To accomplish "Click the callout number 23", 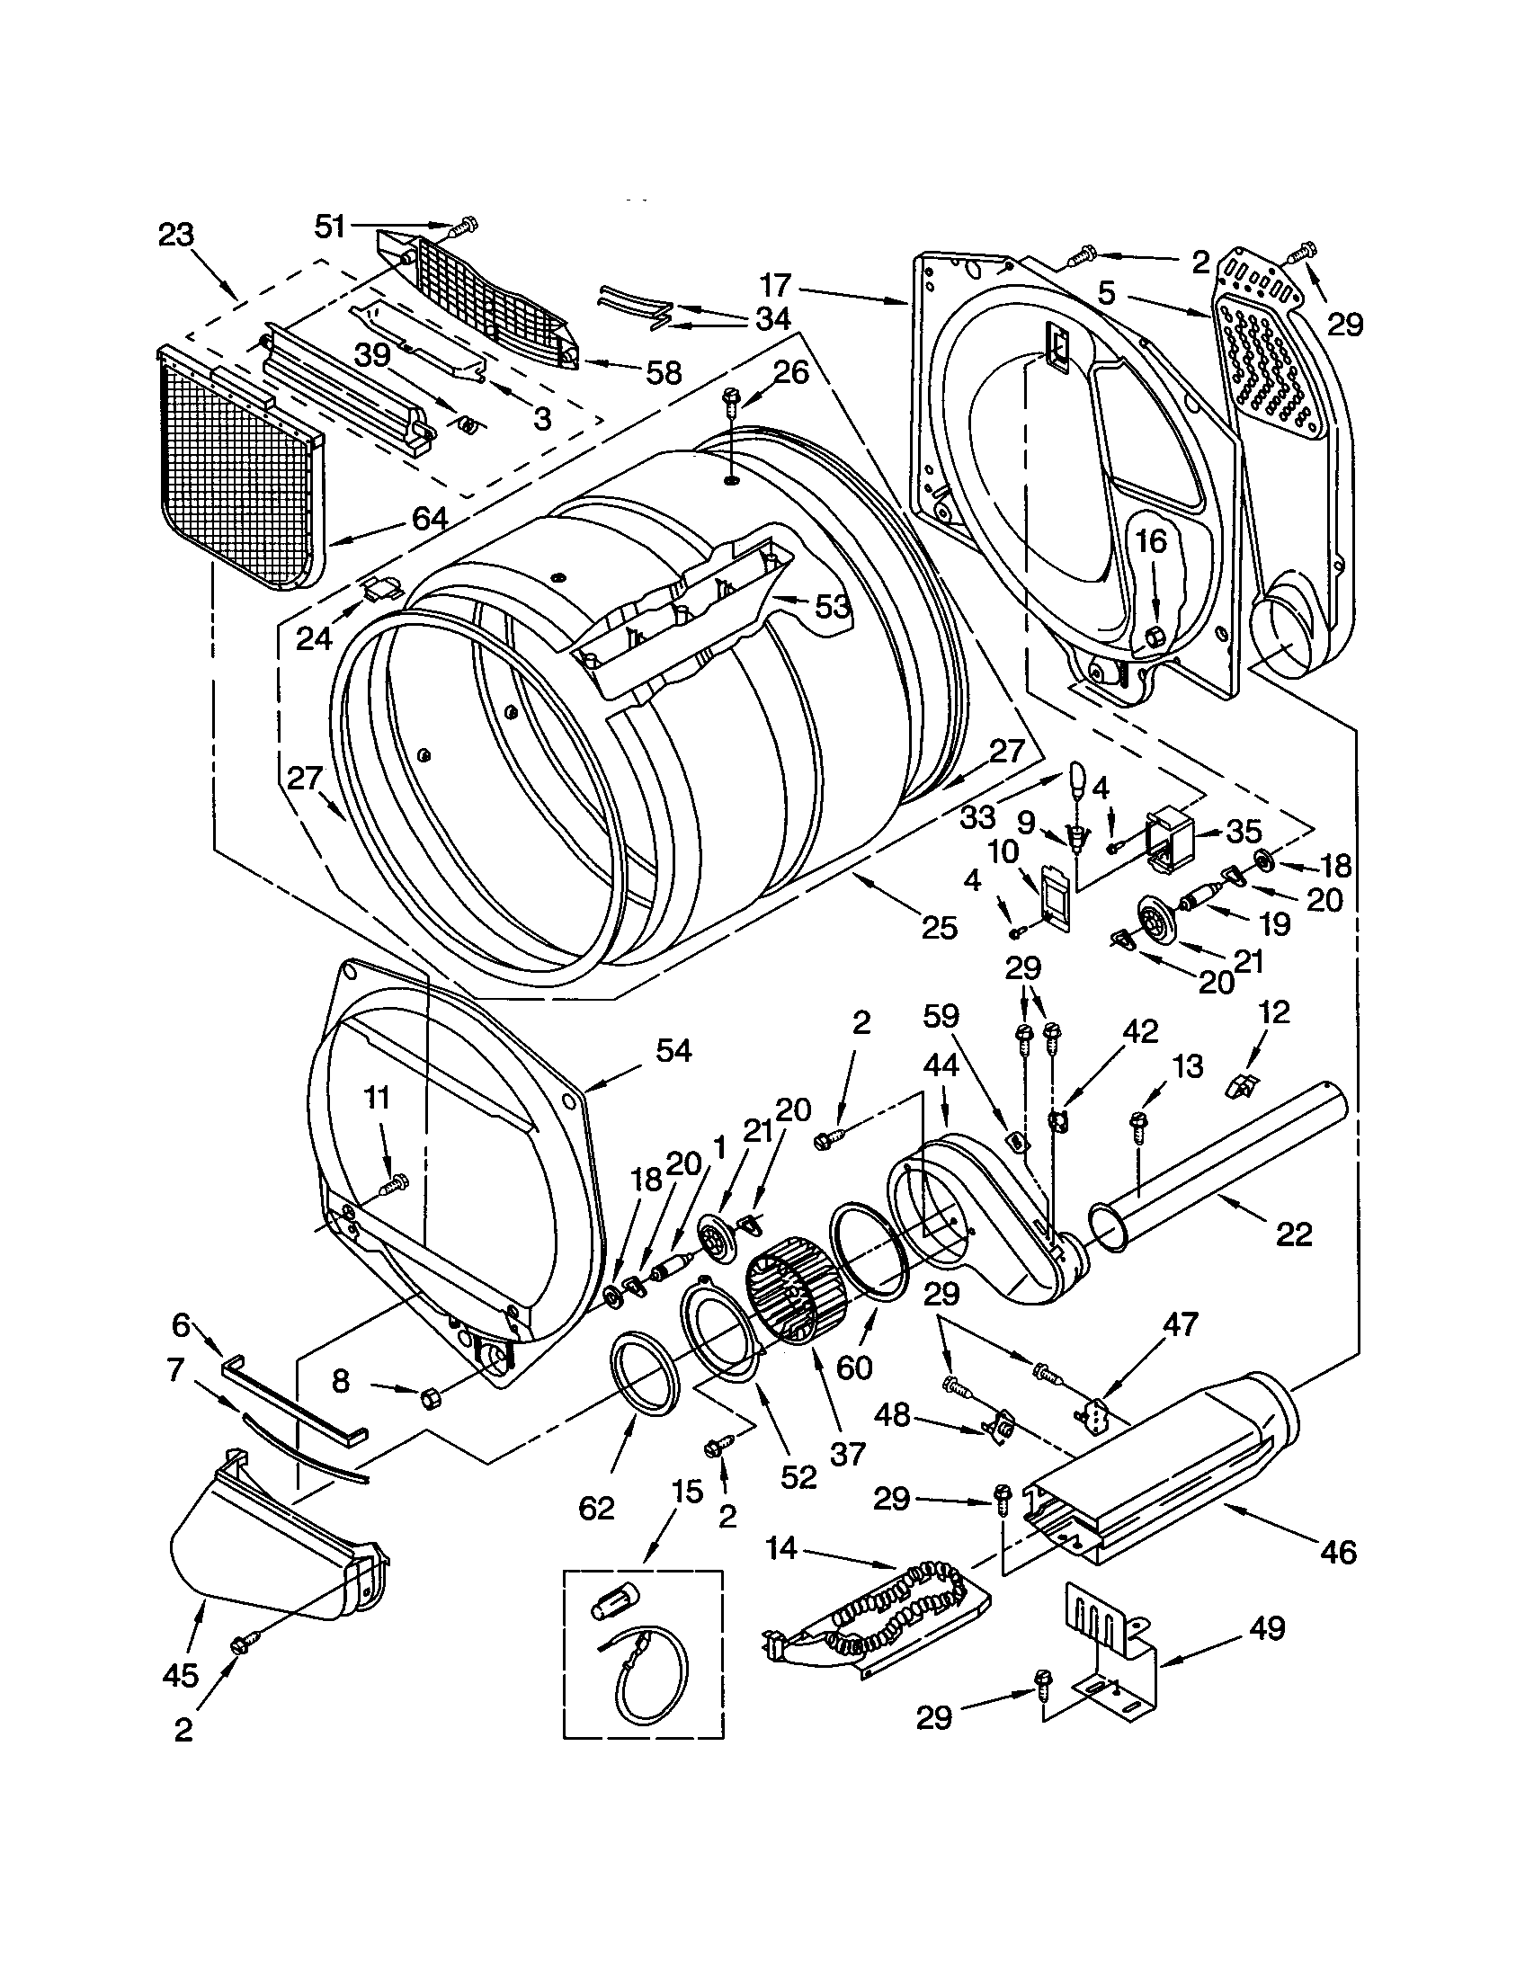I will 175,236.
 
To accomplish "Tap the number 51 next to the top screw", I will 331,226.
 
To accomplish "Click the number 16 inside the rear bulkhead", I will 1151,541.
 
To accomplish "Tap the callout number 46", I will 1339,1553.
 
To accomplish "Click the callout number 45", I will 180,1676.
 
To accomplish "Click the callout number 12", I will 1273,1011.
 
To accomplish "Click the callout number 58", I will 664,372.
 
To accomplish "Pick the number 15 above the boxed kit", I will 687,1492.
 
